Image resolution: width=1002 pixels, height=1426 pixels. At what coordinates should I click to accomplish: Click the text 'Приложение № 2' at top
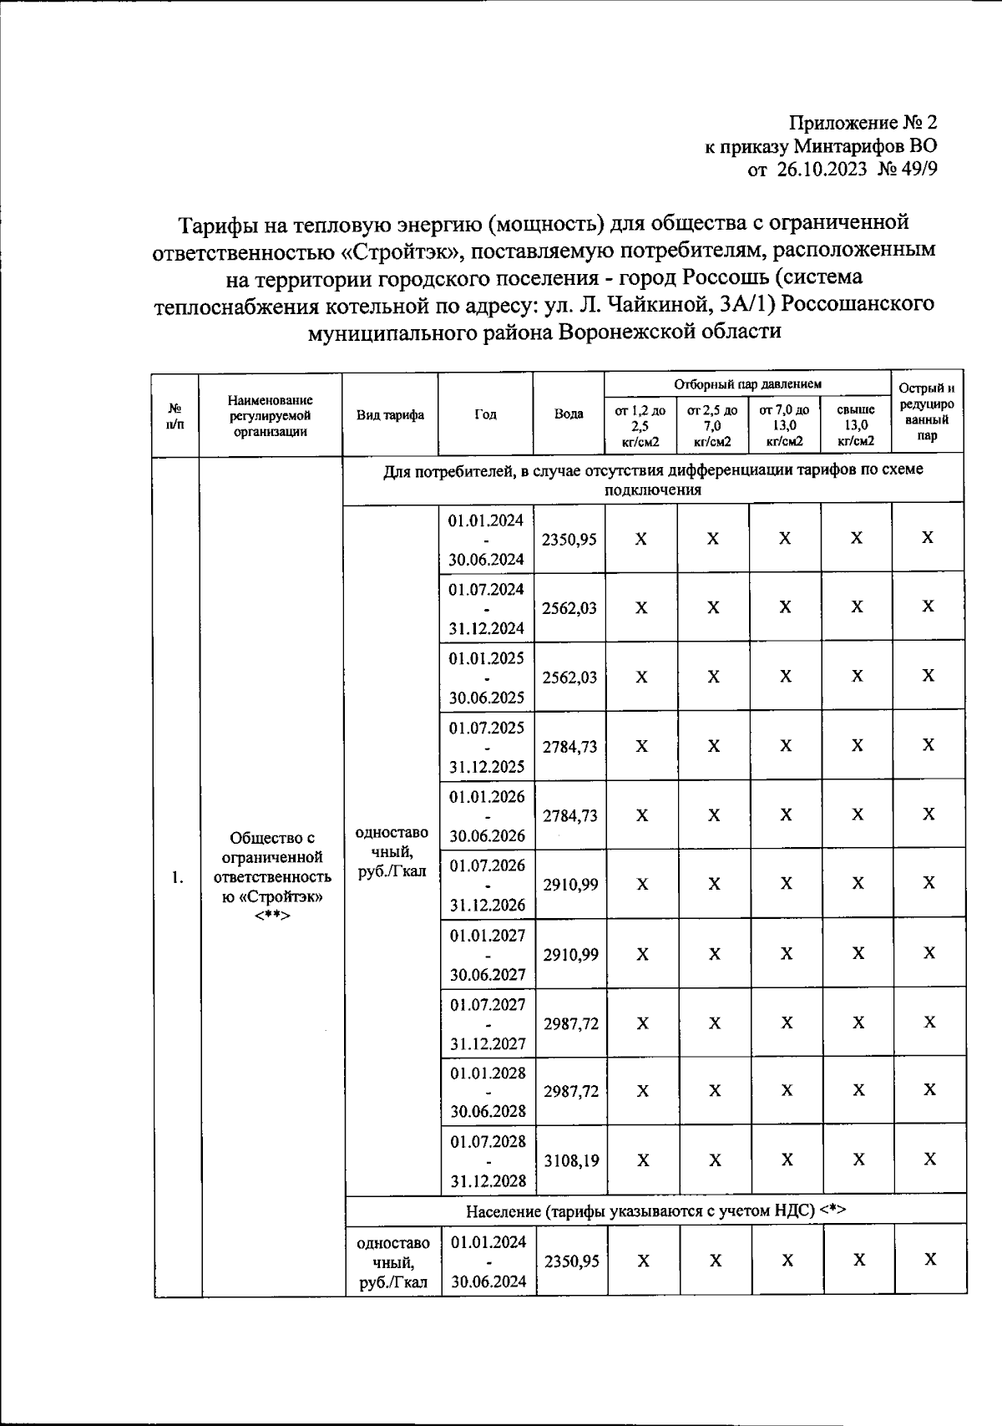coord(863,124)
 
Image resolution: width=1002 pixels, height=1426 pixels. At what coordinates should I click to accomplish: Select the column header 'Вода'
coord(569,414)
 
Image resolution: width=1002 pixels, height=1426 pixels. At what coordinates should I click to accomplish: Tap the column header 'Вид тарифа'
coord(390,415)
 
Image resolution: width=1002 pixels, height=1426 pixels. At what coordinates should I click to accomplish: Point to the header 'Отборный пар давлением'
coord(748,384)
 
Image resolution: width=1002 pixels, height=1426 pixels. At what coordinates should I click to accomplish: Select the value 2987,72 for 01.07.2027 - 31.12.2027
coord(571,1023)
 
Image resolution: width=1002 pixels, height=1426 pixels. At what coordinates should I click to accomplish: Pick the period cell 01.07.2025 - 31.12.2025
coord(487,747)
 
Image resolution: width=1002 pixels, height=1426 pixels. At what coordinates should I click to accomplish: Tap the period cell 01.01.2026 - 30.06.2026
coord(487,816)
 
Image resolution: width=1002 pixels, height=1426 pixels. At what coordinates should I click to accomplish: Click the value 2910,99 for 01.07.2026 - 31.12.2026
coord(570,885)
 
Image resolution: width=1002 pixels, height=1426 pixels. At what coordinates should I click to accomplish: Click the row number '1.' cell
coord(176,877)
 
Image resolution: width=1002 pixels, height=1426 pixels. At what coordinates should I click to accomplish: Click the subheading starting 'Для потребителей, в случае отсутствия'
coord(653,480)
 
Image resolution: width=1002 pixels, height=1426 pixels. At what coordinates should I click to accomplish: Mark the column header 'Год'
coord(486,415)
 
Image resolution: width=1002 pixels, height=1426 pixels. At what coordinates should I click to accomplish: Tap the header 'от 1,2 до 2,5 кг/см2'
coord(640,426)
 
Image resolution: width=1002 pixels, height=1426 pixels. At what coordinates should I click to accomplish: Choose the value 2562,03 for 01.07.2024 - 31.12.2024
coord(569,608)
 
